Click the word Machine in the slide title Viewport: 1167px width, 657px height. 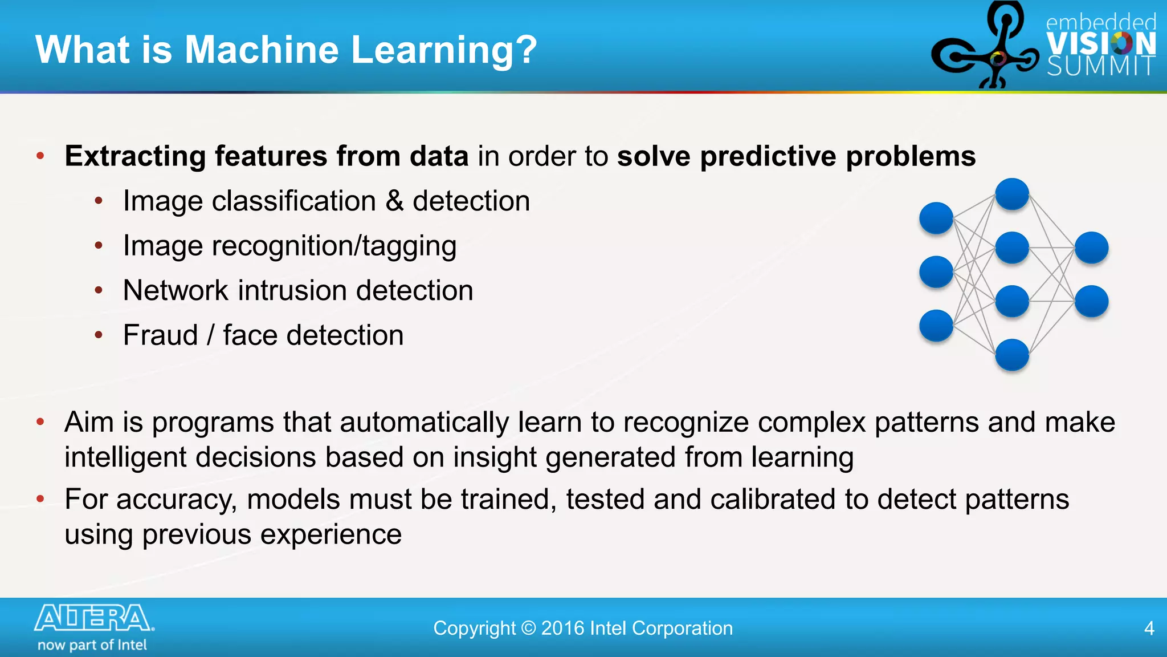click(262, 50)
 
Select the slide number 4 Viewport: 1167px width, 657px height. click(1149, 628)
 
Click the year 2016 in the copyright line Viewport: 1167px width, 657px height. click(562, 628)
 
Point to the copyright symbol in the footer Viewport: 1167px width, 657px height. click(528, 628)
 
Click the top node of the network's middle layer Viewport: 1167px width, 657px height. click(1012, 194)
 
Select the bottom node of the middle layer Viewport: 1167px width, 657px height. click(1012, 355)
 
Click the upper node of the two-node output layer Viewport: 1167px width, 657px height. click(1091, 248)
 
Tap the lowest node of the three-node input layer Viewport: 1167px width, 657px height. click(936, 326)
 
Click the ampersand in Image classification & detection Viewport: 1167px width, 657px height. click(394, 201)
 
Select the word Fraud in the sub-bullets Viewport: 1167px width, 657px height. click(160, 335)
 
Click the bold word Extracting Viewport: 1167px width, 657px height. click(135, 156)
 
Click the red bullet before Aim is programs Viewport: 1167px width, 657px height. click(40, 422)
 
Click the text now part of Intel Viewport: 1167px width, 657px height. click(92, 645)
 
